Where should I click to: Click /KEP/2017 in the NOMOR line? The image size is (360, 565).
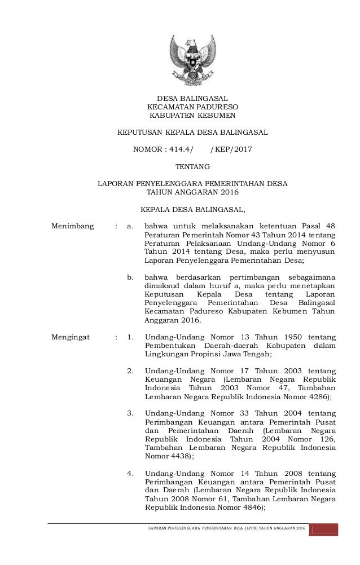(231, 150)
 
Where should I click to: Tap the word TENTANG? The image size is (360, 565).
(192, 167)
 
